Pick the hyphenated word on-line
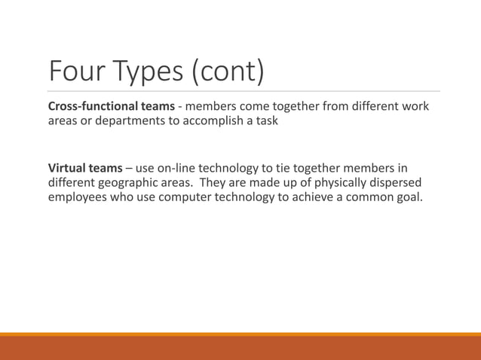pyautogui.click(x=183, y=167)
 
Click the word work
pyautogui.click(x=414, y=106)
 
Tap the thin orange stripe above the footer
pyautogui.click(x=240, y=334)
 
